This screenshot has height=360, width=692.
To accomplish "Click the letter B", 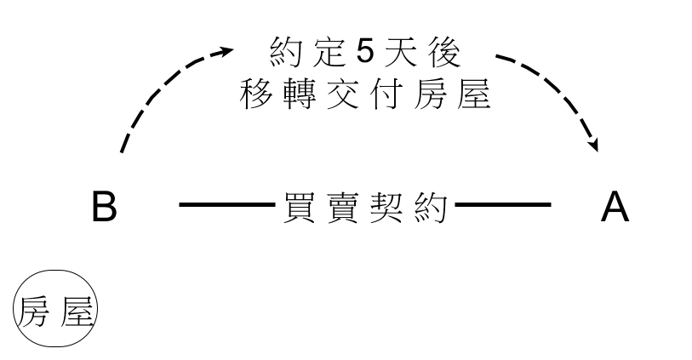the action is (105, 206).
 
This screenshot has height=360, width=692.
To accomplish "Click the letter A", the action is (615, 206).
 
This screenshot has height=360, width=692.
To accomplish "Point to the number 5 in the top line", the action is (365, 52).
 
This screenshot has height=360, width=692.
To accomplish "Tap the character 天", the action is (401, 52).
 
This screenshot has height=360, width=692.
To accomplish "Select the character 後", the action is (444, 52).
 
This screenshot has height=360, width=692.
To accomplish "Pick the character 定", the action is (329, 52).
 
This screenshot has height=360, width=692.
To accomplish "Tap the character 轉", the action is (300, 94).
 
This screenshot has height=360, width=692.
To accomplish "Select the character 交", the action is (343, 94).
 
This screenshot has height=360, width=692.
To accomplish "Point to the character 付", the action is (386, 94).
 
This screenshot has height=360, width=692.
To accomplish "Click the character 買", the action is (300, 207).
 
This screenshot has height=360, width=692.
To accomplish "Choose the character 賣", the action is (343, 207).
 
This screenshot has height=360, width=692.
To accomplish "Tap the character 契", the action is (386, 207).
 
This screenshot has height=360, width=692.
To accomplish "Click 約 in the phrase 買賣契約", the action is (432, 207).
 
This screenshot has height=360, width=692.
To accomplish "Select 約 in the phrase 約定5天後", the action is (285, 52).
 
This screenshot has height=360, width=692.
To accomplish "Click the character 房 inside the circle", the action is (33, 311).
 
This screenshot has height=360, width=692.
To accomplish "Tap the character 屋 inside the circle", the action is (77, 311).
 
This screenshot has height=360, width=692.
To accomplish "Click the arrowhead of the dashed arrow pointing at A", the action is (594, 146).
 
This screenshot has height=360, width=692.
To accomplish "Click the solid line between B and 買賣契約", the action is (227, 204).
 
